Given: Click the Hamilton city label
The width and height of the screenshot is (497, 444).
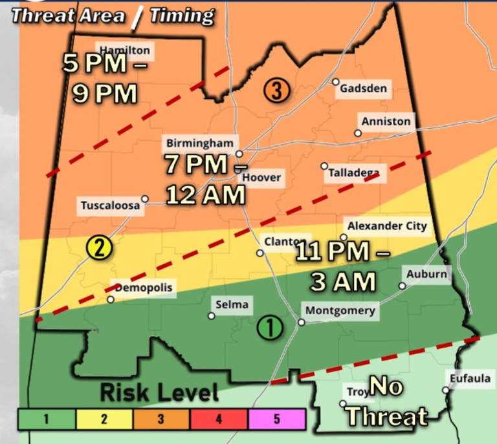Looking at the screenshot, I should [x=124, y=50].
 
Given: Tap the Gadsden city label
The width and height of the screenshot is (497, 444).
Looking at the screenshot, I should [x=364, y=89].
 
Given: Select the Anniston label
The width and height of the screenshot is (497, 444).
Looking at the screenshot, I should [x=386, y=122].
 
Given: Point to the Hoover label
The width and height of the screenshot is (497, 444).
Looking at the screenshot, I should [x=262, y=177].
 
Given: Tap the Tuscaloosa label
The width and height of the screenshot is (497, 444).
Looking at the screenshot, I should [x=110, y=206].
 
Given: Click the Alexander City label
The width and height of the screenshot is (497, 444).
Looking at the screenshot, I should [x=387, y=226].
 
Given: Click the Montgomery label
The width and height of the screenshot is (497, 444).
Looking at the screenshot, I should [x=340, y=311].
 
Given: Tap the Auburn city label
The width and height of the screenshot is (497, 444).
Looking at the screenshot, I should [x=426, y=274].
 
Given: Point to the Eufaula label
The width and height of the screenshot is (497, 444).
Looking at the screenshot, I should [x=471, y=379].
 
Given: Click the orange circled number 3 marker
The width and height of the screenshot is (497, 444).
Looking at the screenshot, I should [x=276, y=92].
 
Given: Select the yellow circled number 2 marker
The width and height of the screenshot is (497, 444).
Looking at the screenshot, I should [x=99, y=247].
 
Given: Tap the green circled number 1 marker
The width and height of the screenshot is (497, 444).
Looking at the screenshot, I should [x=270, y=328].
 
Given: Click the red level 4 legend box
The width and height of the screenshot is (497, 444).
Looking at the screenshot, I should [x=219, y=419].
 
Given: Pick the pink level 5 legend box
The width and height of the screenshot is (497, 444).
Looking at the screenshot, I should [x=276, y=419].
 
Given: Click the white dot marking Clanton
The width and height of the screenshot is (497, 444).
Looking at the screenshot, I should [x=260, y=253].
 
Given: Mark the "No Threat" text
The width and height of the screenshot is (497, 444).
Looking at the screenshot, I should [x=386, y=402].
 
